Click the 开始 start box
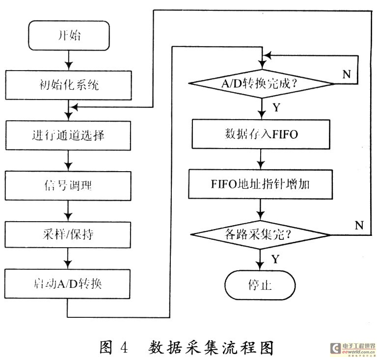pos(69,35)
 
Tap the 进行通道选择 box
pos(69,134)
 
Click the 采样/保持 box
pos(69,234)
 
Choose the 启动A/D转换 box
pos(69,283)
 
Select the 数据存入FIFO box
pos(260,134)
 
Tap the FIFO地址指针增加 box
pos(260,184)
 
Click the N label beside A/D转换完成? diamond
pos(346,75)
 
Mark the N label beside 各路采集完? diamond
pos(358,226)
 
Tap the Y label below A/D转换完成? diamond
pos(276,107)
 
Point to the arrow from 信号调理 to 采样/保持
pos(69,209)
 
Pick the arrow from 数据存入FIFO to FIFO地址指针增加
pos(260,159)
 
